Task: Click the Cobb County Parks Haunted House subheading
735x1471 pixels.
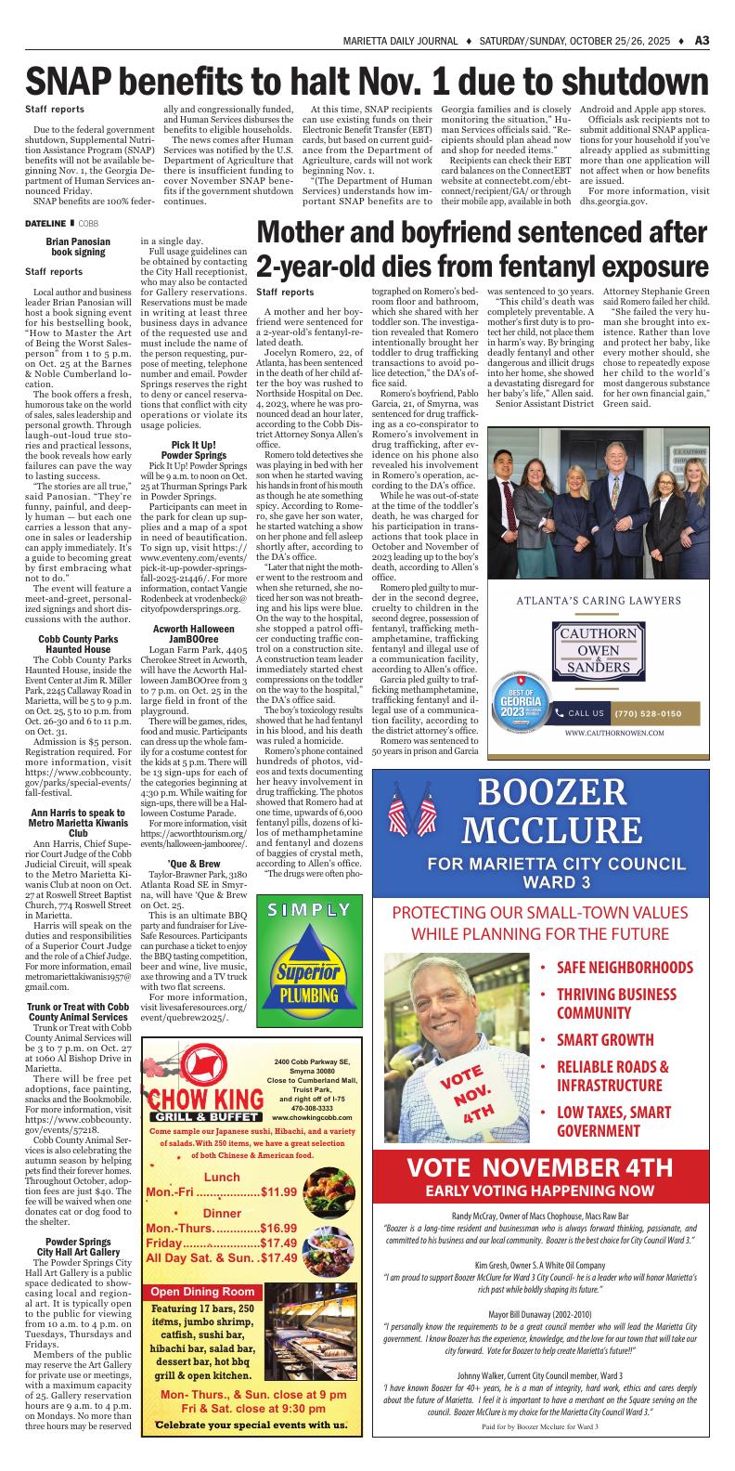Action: point(78,618)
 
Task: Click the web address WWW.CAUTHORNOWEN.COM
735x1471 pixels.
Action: point(613,733)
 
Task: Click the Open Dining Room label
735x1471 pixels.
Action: point(202,1292)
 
